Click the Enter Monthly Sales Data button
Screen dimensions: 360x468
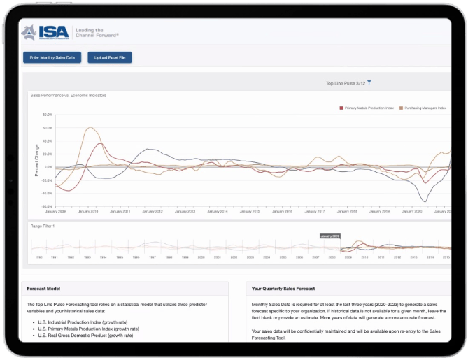[x=52, y=57]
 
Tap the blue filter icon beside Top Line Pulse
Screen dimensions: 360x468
[x=369, y=82]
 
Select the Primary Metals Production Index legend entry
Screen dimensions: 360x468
[x=367, y=108]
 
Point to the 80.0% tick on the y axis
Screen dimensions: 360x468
[x=48, y=115]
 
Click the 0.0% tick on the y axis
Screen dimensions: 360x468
[x=48, y=167]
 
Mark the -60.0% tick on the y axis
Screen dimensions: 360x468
[x=48, y=206]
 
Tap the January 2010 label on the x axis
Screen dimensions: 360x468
[x=87, y=211]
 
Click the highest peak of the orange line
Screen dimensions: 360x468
[x=90, y=128]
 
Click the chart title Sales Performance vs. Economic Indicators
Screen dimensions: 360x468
[x=68, y=94]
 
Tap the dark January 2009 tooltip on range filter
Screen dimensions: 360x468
[x=329, y=236]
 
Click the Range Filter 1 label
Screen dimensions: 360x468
[x=42, y=226]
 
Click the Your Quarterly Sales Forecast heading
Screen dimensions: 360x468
[x=283, y=288]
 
